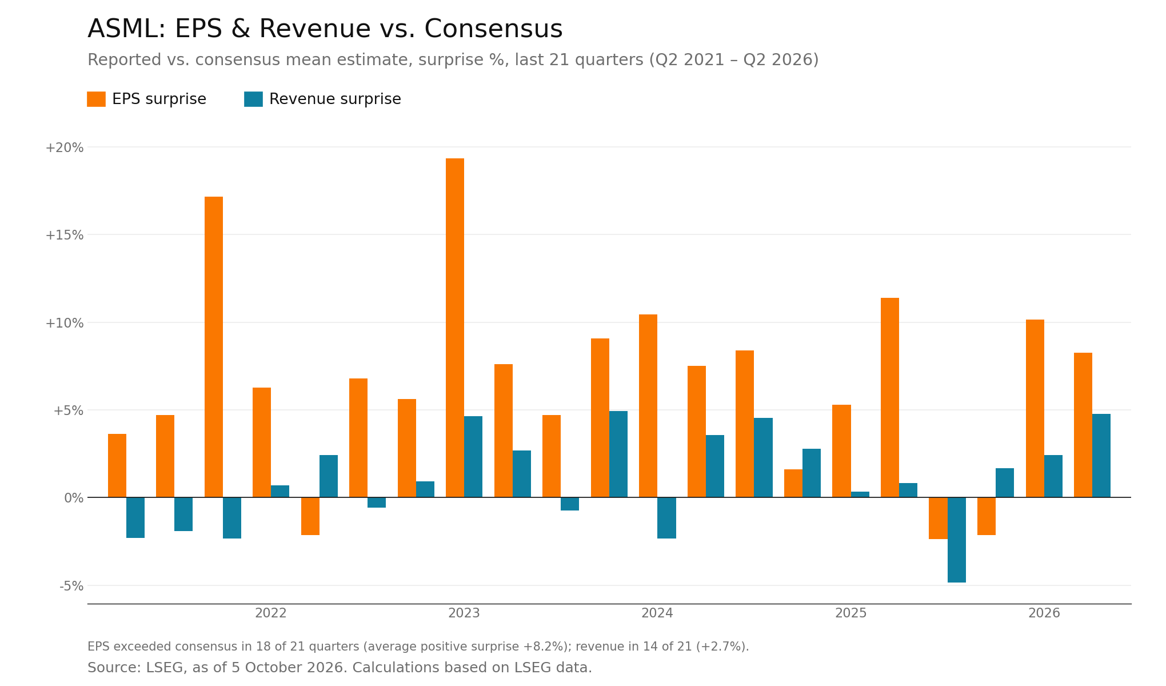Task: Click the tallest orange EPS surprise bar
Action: [x=455, y=328]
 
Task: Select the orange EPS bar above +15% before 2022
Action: [x=214, y=347]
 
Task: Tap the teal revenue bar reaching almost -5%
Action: [x=957, y=540]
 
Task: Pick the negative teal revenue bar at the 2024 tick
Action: [x=666, y=518]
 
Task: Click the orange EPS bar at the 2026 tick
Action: [x=1035, y=408]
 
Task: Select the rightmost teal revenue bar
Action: [x=1101, y=456]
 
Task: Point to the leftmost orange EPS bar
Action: [x=117, y=465]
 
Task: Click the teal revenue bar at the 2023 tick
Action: [x=473, y=457]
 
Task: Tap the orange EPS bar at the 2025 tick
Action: [x=841, y=451]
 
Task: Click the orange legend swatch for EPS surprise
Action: [x=96, y=99]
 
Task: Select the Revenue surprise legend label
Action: [x=335, y=99]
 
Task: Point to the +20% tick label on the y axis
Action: [x=65, y=147]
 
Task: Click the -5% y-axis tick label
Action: [x=71, y=586]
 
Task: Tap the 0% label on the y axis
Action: [x=74, y=498]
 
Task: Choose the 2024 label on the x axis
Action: [x=657, y=613]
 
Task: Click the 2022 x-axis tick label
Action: [x=271, y=613]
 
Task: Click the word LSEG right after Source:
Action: [x=164, y=668]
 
